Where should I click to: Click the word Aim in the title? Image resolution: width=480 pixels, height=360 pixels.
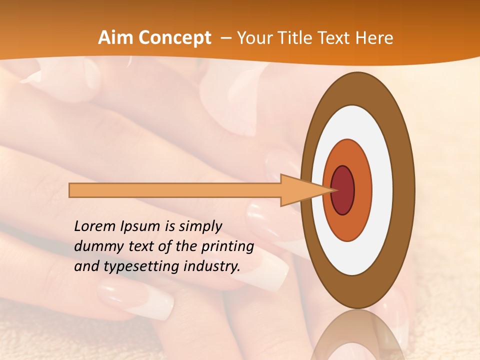(116, 38)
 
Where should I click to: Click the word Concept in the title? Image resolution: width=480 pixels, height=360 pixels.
(174, 38)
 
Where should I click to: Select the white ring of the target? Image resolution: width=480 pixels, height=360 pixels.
(382, 190)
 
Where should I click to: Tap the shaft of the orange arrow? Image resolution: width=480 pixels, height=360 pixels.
(175, 190)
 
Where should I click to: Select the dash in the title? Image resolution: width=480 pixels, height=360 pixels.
(225, 38)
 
